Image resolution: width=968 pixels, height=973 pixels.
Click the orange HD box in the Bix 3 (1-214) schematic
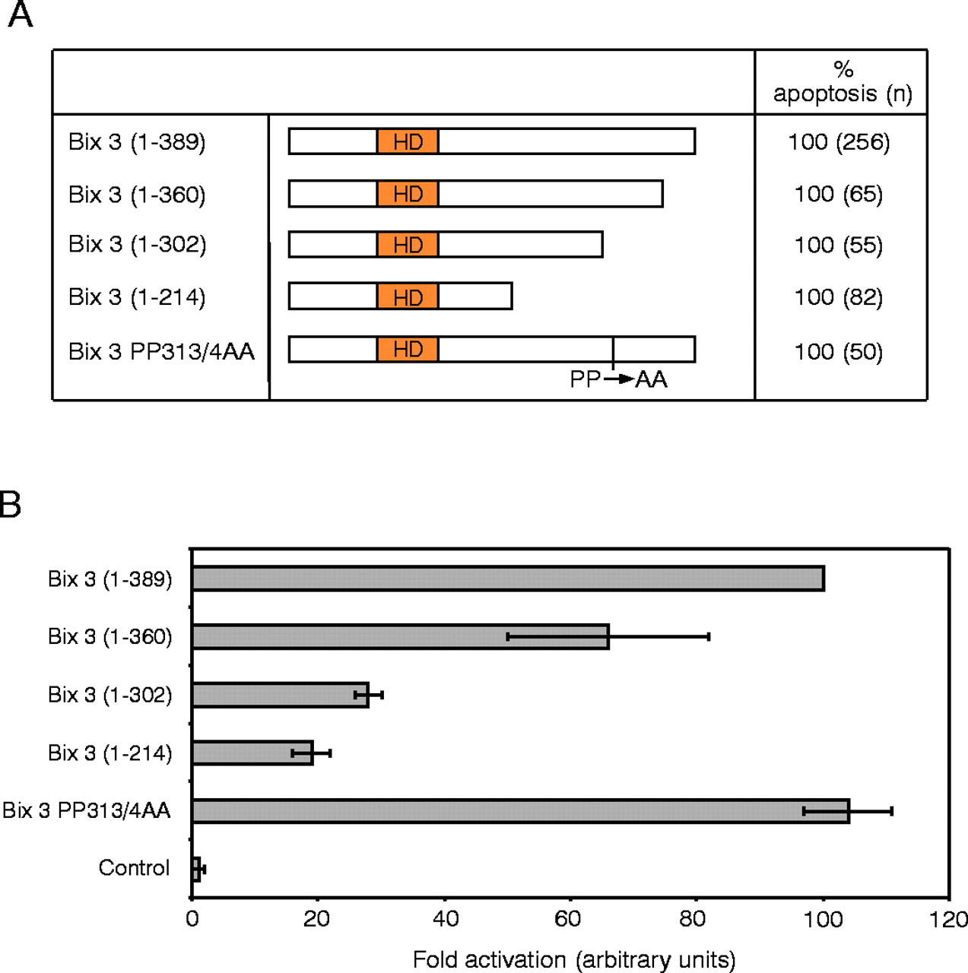(x=408, y=296)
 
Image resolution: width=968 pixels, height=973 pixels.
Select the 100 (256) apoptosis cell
(x=839, y=142)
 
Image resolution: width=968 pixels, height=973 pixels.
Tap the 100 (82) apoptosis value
(x=839, y=297)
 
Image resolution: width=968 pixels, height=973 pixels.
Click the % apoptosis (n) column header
(x=843, y=82)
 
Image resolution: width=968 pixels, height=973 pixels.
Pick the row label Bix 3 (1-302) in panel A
(x=137, y=244)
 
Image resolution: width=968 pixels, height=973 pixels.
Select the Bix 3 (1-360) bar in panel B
(x=400, y=637)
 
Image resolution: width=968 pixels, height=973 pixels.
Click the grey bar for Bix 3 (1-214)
(x=252, y=753)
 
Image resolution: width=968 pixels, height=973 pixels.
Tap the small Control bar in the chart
(x=196, y=869)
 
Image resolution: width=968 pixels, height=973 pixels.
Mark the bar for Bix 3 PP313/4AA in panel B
(x=520, y=811)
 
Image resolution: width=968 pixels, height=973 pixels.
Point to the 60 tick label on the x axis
(x=569, y=919)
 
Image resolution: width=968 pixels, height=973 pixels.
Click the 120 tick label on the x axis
(x=948, y=919)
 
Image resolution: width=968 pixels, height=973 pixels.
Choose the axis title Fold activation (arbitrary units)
(x=574, y=960)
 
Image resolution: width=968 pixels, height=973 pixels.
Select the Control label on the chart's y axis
(x=134, y=868)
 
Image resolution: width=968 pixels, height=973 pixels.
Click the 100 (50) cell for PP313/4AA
(x=839, y=352)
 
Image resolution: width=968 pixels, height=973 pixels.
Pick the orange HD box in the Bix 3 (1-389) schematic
(x=408, y=141)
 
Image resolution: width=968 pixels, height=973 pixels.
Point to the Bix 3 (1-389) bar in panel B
(x=508, y=578)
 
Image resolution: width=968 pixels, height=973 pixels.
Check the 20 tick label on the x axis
(x=316, y=919)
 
